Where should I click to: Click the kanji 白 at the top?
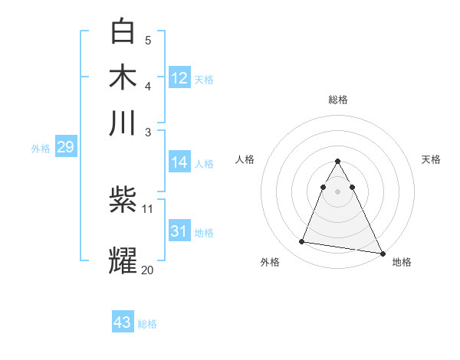pyautogui.click(x=123, y=31)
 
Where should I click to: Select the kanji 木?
pyautogui.click(x=123, y=78)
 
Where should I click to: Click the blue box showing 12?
pyautogui.click(x=179, y=78)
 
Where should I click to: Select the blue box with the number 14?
pyautogui.click(x=179, y=162)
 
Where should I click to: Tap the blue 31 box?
pyautogui.click(x=179, y=231)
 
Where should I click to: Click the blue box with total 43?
pyautogui.click(x=123, y=322)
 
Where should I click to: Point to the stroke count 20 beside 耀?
pyautogui.click(x=147, y=270)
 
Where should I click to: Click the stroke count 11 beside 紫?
pyautogui.click(x=148, y=208)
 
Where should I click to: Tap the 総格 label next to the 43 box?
pyautogui.click(x=147, y=324)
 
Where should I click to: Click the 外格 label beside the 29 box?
pyautogui.click(x=41, y=149)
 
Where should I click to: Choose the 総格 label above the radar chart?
pyautogui.click(x=337, y=100)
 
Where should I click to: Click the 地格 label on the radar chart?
pyautogui.click(x=402, y=262)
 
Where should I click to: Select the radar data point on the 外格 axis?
pyautogui.click(x=302, y=242)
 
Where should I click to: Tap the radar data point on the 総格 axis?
pyautogui.click(x=337, y=162)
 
